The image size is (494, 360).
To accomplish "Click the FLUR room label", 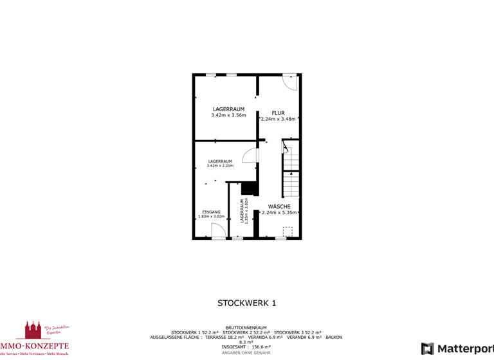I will pyautogui.click(x=278, y=113).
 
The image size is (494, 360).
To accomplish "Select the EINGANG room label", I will pyautogui.click(x=211, y=212).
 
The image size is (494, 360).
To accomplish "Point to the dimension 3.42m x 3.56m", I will pyautogui.click(x=228, y=115).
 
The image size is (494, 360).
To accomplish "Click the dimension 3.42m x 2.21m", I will pyautogui.click(x=220, y=166).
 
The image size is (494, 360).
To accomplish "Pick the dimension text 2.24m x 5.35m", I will pyautogui.click(x=279, y=212).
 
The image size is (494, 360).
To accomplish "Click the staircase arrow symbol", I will pyautogui.click(x=291, y=174).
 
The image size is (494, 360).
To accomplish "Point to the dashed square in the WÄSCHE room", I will pyautogui.click(x=288, y=231).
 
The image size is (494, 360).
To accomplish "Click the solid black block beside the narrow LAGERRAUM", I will pyautogui.click(x=250, y=188).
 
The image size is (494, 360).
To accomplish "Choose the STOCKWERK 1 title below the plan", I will pyautogui.click(x=246, y=303).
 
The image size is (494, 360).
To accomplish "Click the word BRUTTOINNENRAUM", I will pyautogui.click(x=246, y=327).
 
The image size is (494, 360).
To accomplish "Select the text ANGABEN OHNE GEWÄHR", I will pyautogui.click(x=246, y=353).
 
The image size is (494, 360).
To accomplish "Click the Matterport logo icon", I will pyautogui.click(x=428, y=348).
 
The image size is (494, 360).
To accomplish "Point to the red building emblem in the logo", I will pyautogui.click(x=32, y=330).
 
